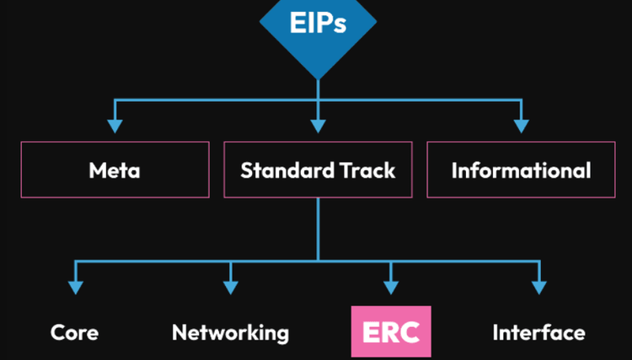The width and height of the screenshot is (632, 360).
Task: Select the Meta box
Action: pyautogui.click(x=115, y=169)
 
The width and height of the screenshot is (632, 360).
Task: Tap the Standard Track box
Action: pyautogui.click(x=318, y=169)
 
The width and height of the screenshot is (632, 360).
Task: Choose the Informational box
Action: pyautogui.click(x=521, y=169)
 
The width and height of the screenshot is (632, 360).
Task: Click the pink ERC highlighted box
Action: pyautogui.click(x=390, y=331)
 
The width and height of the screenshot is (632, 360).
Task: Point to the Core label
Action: pyautogui.click(x=74, y=332)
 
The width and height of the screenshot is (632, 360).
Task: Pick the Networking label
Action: pyautogui.click(x=230, y=332)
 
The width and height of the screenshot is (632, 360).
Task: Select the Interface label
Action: pyautogui.click(x=538, y=332)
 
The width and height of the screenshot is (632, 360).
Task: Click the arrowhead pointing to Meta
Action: pyautogui.click(x=115, y=126)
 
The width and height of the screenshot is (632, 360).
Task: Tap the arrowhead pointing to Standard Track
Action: pyautogui.click(x=318, y=126)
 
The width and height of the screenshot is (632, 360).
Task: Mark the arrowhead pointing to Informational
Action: pyautogui.click(x=521, y=126)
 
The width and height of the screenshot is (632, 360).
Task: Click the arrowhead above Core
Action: pyautogui.click(x=75, y=287)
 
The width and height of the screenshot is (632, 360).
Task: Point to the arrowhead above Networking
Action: pyautogui.click(x=230, y=287)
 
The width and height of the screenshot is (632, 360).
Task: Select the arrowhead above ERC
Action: pyautogui.click(x=390, y=287)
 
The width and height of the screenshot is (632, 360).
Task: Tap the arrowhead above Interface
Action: pyautogui.click(x=538, y=287)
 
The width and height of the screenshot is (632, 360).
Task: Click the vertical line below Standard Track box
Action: pyautogui.click(x=318, y=228)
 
